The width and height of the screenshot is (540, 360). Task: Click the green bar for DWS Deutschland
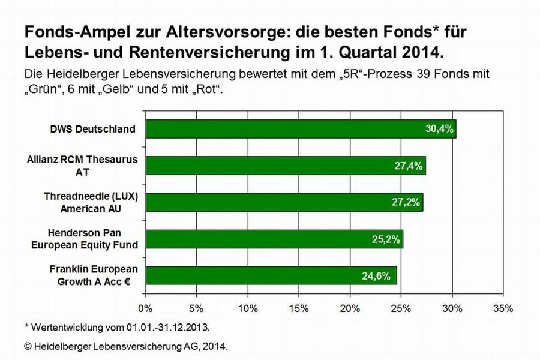[x=300, y=129]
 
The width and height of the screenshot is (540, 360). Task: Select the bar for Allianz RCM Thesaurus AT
[x=285, y=165]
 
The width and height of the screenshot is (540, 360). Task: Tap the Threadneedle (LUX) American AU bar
[x=284, y=202]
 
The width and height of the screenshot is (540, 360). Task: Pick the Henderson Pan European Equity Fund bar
[x=274, y=239]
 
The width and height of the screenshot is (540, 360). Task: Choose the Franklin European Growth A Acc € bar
[x=271, y=275]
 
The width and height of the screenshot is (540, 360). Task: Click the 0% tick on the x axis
[x=146, y=309]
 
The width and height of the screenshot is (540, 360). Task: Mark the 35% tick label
[x=503, y=309]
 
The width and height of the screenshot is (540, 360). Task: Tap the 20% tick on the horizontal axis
[x=350, y=309]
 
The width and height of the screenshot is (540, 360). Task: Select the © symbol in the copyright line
[x=28, y=347]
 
